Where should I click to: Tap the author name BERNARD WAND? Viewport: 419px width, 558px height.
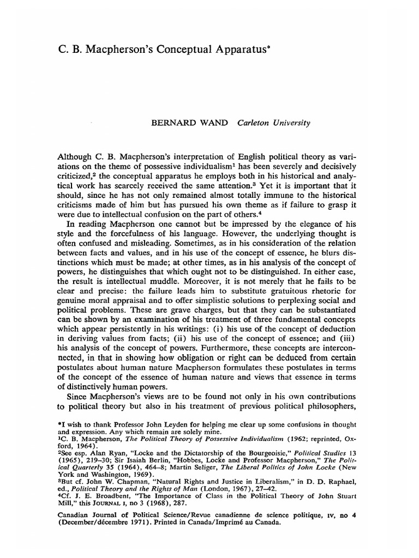[185, 123]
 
